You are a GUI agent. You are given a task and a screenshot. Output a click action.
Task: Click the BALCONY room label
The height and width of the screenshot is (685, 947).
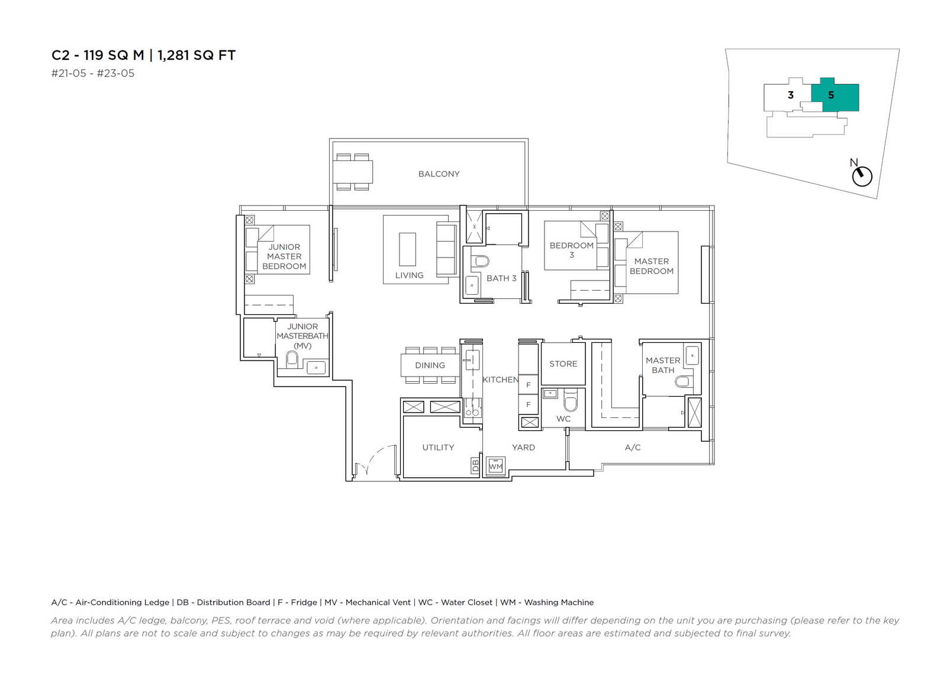click(x=439, y=174)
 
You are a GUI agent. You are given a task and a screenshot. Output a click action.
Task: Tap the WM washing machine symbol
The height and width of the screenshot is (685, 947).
click(x=495, y=466)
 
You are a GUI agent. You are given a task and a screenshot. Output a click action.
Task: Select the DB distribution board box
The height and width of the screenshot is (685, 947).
click(x=475, y=465)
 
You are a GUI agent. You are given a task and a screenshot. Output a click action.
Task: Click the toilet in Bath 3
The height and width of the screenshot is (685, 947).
click(x=480, y=261)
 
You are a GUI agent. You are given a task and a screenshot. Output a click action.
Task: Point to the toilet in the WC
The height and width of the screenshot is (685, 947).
click(x=571, y=401)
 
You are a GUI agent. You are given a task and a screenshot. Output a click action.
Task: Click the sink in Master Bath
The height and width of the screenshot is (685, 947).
click(x=692, y=355)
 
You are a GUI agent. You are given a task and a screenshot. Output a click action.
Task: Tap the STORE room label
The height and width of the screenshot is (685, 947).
click(x=563, y=364)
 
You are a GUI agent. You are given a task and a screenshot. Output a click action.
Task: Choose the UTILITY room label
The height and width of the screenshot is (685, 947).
click(x=438, y=448)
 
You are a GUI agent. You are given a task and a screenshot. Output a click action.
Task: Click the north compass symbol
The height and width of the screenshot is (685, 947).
click(x=861, y=175)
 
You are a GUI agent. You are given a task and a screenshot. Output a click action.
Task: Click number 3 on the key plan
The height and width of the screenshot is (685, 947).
click(x=791, y=95)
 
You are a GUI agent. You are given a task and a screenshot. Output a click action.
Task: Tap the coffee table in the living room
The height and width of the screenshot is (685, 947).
click(x=407, y=249)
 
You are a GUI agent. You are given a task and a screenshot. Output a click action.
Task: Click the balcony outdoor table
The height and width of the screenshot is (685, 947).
click(x=353, y=172)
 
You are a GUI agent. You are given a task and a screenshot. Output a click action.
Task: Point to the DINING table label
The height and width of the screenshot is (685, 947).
click(x=430, y=365)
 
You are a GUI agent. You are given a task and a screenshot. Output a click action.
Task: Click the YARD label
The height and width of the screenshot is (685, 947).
click(x=523, y=448)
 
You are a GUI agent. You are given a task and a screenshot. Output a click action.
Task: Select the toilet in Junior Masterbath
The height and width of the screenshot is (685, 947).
click(x=292, y=359)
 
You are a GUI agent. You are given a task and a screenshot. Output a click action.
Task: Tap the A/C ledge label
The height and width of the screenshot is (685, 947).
click(x=633, y=448)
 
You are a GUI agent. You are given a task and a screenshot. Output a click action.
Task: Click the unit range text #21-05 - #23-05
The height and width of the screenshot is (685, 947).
click(x=92, y=73)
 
